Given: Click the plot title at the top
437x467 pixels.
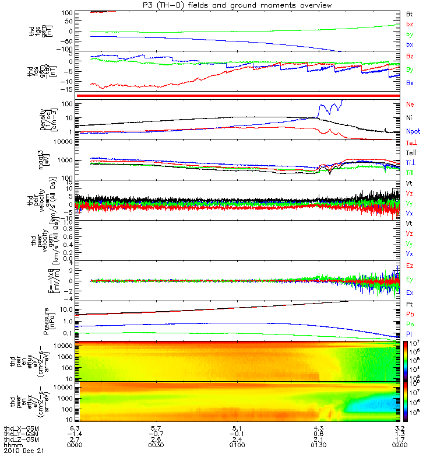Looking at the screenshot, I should pos(242,5).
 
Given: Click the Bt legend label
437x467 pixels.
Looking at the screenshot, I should pos(410,13).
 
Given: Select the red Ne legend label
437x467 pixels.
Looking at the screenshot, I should pos(410,104).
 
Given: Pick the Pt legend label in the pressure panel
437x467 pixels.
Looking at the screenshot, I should pos(410,305).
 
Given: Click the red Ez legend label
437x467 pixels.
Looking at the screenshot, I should pos(410,266).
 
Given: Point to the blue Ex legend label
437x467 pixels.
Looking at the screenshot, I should pos(410,292).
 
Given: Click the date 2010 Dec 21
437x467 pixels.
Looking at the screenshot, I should pos(24,451).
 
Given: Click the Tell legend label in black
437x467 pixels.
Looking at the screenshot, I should pos(411,152).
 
